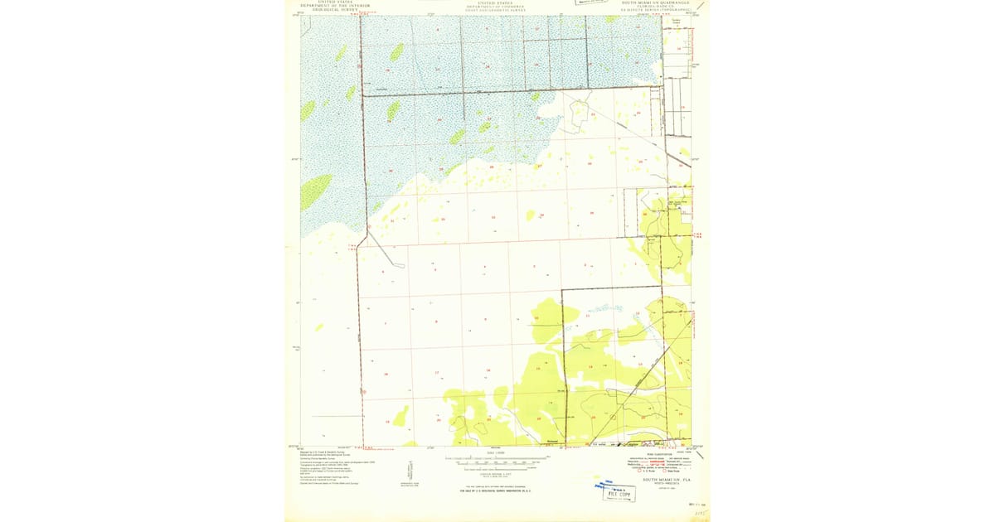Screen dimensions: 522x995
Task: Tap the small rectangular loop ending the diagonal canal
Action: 399,265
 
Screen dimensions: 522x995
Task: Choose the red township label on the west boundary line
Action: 353,246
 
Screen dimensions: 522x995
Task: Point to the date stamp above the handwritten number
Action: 696,503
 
